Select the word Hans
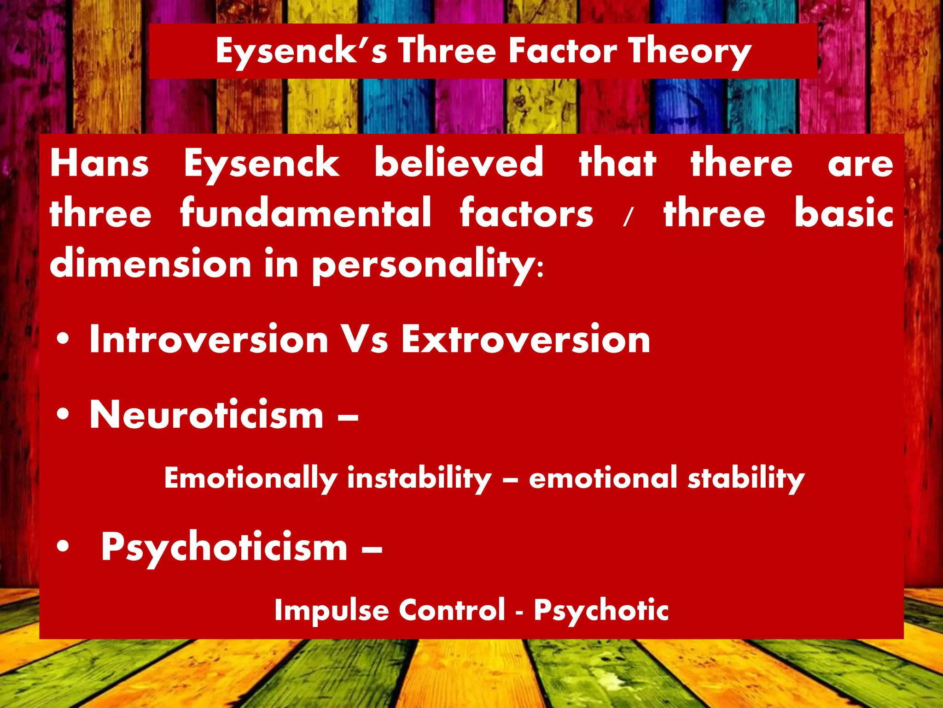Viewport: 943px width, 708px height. pyautogui.click(x=99, y=163)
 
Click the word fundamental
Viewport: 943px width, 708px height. pyautogui.click(x=306, y=213)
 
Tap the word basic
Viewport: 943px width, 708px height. pyautogui.click(x=844, y=213)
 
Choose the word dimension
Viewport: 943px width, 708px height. pyautogui.click(x=151, y=264)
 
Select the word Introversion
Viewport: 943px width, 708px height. pyautogui.click(x=209, y=339)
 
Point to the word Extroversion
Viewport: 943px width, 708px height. pyautogui.click(x=525, y=339)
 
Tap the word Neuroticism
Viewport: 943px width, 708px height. pyautogui.click(x=207, y=415)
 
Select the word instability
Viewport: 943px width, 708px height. pyautogui.click(x=419, y=478)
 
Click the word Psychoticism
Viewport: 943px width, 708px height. pyautogui.click(x=224, y=548)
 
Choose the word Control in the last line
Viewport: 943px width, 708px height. pyautogui.click(x=452, y=610)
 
